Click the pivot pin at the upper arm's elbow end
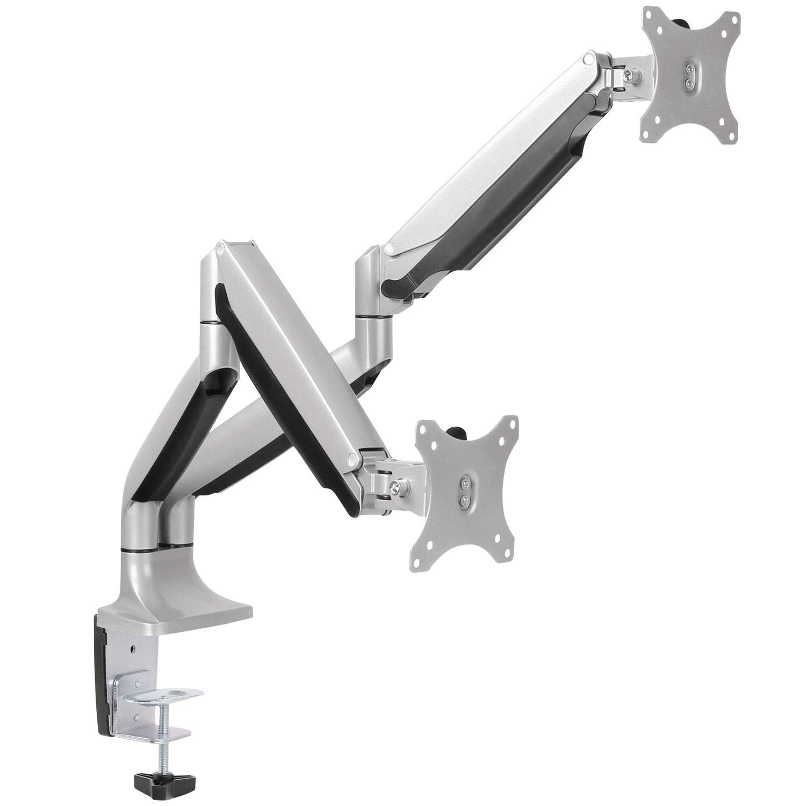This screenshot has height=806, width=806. (x=388, y=248)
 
